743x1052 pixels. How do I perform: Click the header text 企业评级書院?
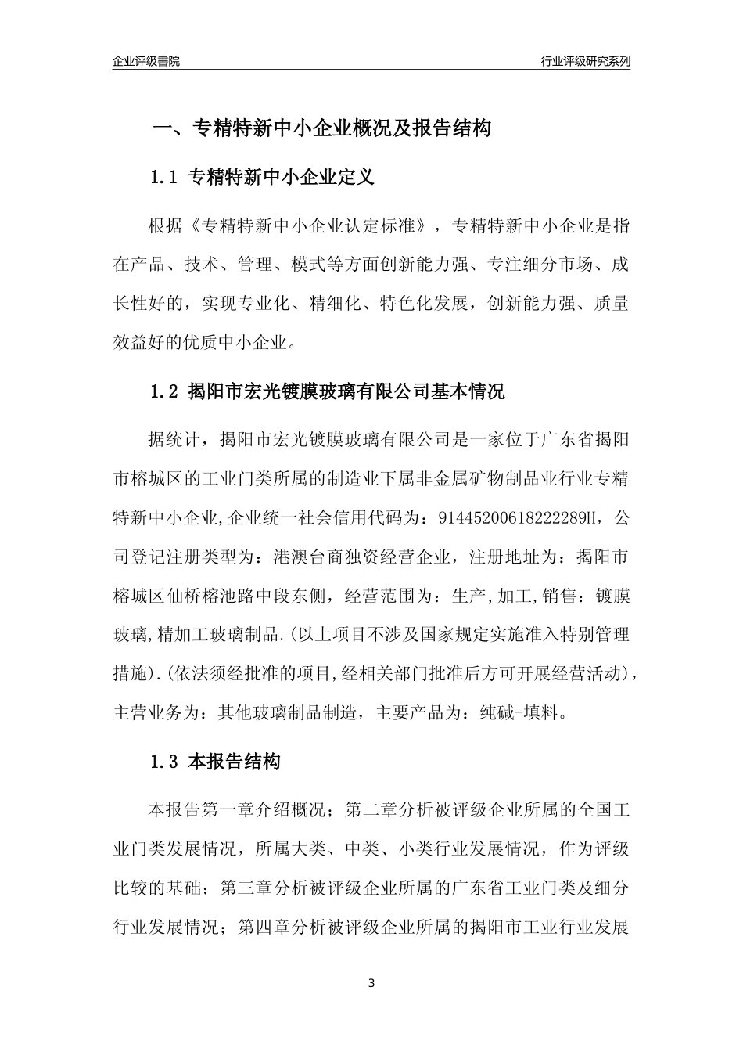point(146,61)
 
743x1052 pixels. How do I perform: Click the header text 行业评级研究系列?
point(586,61)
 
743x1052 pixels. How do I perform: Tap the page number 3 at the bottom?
point(371,982)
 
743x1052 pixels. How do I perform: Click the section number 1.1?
point(165,178)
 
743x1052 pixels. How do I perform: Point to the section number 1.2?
point(165,391)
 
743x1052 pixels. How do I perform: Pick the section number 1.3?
point(165,762)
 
